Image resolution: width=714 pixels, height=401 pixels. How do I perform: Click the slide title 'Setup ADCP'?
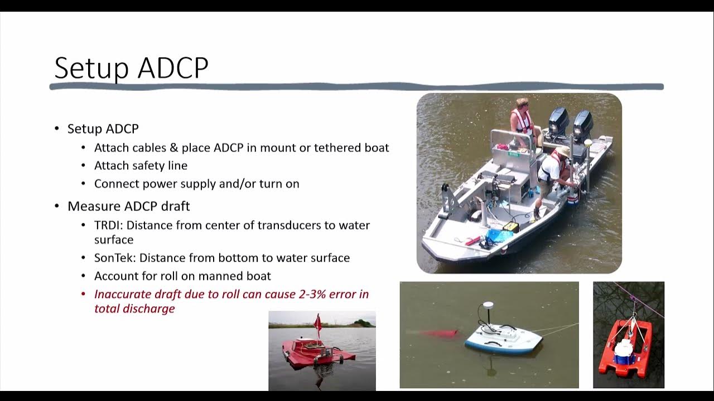(131, 68)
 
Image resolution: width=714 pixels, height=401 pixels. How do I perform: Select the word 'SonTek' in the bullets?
(113, 258)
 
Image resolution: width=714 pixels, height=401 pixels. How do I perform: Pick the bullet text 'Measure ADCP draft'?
(128, 206)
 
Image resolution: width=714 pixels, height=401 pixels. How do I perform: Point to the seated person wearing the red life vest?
(523, 119)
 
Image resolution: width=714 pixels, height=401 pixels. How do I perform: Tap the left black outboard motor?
(558, 123)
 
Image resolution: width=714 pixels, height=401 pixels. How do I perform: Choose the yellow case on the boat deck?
(510, 226)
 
